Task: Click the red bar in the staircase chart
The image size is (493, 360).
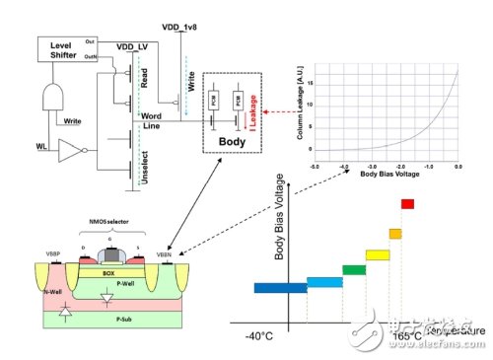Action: pos(406,204)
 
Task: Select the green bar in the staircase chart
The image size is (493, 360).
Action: pos(353,269)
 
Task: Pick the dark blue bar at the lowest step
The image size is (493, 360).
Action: pos(280,288)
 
